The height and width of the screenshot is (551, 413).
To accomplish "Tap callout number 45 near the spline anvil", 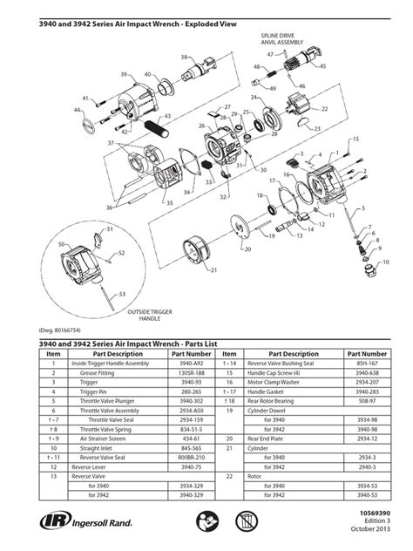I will (323, 65).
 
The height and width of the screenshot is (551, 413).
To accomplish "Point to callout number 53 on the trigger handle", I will (121, 294).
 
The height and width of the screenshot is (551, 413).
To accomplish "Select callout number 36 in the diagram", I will (109, 207).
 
